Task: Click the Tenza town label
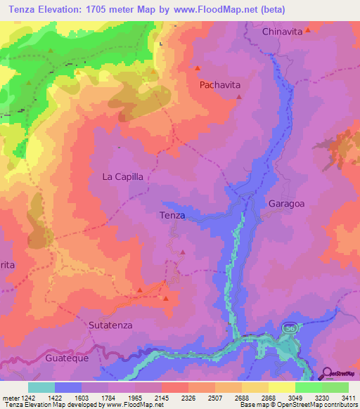point(172,216)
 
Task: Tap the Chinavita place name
point(286,32)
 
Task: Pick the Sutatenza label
point(111,325)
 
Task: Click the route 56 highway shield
point(289,329)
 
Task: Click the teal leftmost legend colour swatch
point(41,387)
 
